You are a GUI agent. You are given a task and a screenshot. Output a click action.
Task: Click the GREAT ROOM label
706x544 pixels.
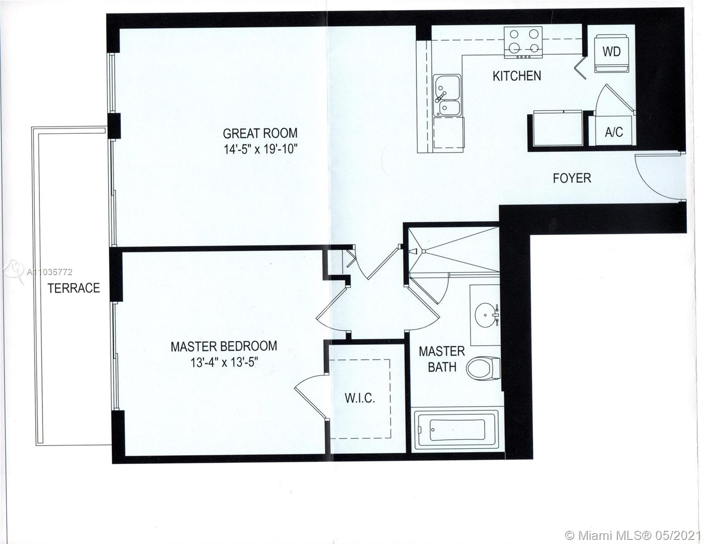click(260, 133)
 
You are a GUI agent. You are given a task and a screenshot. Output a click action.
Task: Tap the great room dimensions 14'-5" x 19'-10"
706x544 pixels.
click(261, 150)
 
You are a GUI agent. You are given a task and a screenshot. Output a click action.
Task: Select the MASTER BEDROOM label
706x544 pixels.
click(224, 346)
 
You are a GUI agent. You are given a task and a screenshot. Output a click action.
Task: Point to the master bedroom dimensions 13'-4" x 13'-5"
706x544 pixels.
click(224, 362)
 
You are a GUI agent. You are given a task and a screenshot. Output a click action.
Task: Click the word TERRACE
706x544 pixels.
click(74, 288)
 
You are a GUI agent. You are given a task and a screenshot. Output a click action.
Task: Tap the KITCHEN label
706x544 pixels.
click(517, 76)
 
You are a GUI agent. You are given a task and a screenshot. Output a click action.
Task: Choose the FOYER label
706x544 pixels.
click(572, 178)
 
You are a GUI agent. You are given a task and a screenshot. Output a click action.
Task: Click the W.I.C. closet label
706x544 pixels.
click(360, 398)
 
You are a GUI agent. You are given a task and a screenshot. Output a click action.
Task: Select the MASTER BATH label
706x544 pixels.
click(442, 359)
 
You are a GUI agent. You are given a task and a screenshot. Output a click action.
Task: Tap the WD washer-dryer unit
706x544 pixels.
click(611, 54)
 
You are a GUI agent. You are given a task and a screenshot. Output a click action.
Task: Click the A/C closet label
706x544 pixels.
click(614, 132)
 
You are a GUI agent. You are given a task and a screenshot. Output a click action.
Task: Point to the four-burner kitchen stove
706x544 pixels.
click(523, 43)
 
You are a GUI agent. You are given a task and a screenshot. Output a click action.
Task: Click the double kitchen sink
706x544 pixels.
click(447, 95)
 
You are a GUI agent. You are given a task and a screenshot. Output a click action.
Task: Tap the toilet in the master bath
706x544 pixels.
click(483, 368)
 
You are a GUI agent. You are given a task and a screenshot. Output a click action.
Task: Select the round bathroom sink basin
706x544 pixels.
click(485, 315)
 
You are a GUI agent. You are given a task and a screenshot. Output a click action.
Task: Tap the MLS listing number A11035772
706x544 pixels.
click(49, 272)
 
